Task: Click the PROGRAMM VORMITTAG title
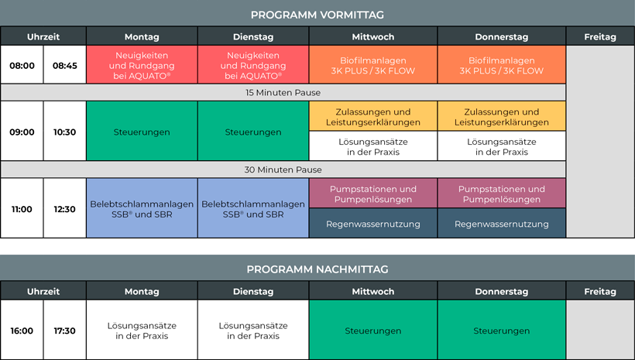317,15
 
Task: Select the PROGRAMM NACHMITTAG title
317,269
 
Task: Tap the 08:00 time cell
22,65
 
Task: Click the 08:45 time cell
65,65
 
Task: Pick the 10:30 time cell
65,131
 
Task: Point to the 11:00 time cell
22,208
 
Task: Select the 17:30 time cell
65,330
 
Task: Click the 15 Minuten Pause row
283,92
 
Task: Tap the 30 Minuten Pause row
283,170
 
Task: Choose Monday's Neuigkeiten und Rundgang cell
142,65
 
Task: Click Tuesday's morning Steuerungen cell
253,131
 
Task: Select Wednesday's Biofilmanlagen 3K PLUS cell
373,65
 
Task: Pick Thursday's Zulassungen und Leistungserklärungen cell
501,116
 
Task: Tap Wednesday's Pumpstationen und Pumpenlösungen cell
373,193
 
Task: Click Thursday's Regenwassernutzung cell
501,223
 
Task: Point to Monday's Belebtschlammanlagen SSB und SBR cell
142,208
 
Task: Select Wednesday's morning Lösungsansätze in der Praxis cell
373,146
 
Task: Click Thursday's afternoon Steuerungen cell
501,330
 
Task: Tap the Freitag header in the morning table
600,36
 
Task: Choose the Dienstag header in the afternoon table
253,291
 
